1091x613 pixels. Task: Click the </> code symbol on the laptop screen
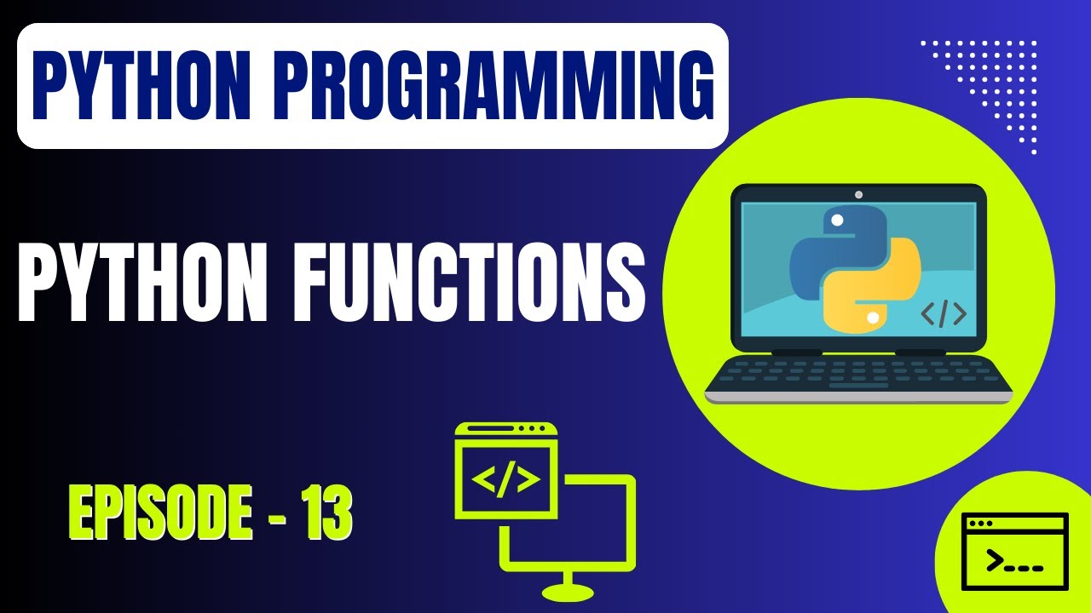944,314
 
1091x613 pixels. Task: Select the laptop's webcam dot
858,194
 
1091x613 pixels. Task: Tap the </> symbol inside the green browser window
506,480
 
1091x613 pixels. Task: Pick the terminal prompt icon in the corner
1014,552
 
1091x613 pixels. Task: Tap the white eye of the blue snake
837,220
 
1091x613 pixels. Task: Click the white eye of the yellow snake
872,318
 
